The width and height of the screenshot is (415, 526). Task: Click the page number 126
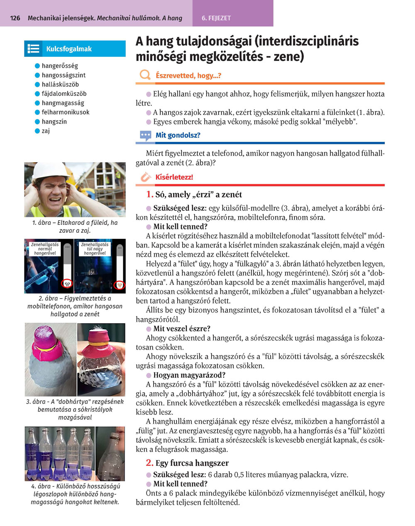(15, 18)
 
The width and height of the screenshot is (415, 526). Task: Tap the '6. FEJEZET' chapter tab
(216, 18)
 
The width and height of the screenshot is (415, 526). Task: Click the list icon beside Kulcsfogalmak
(33, 49)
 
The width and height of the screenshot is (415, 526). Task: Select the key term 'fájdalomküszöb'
(64, 94)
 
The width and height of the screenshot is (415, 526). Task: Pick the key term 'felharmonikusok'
(66, 112)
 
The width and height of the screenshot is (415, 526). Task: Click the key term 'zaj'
(46, 131)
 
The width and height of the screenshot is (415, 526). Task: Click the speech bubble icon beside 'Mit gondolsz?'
(145, 135)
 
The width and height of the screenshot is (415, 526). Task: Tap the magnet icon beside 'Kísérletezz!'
(145, 177)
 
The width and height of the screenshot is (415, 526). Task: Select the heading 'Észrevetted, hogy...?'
(188, 75)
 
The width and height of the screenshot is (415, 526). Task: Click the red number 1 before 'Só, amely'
(149, 194)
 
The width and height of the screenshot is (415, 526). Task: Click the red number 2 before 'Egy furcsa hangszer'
(149, 463)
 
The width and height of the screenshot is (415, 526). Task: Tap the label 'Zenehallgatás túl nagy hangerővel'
(95, 249)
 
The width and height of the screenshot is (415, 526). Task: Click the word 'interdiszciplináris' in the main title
(307, 41)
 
